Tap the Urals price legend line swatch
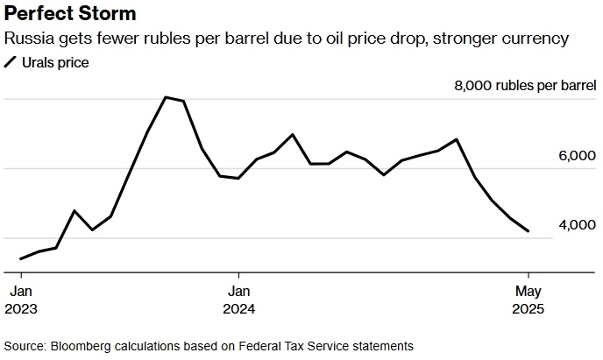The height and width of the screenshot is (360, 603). [11, 62]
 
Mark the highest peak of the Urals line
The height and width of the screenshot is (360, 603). [166, 96]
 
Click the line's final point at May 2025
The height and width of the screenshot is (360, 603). [528, 231]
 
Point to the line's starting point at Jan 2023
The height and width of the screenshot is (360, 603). [20, 258]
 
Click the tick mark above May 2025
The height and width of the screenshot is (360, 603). [528, 273]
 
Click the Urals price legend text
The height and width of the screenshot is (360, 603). [55, 62]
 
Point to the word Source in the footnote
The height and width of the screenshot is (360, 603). [24, 345]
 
